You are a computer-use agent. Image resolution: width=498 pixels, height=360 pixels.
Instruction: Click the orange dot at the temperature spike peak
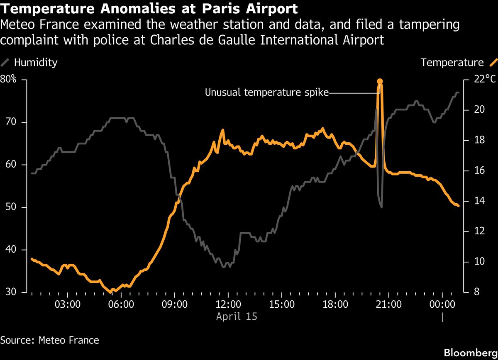(x=379, y=82)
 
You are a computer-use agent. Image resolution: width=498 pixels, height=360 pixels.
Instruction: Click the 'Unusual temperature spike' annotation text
(x=266, y=92)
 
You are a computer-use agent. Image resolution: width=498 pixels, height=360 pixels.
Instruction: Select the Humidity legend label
(x=36, y=63)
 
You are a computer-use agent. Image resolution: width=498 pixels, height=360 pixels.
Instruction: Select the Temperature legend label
(x=452, y=63)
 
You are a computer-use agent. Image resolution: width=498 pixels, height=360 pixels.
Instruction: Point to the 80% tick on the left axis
(x=8, y=80)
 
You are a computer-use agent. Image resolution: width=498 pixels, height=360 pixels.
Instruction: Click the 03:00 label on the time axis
(x=67, y=304)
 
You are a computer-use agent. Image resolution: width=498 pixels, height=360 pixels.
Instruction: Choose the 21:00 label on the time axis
(x=388, y=304)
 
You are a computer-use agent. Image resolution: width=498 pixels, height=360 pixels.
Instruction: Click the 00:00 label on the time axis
(x=442, y=304)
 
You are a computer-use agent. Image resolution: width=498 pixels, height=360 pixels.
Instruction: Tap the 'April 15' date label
(x=237, y=316)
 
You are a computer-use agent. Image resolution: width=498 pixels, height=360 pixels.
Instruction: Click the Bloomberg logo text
(x=470, y=353)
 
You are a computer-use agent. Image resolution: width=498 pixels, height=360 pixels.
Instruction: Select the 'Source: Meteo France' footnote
(x=50, y=341)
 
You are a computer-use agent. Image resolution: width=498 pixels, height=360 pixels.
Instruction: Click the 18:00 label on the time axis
(x=335, y=304)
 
